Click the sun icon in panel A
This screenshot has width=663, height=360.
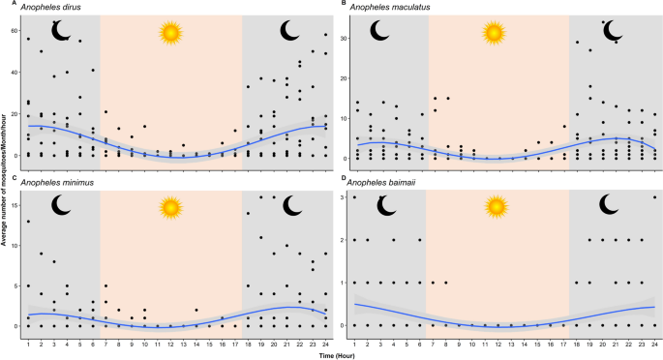(171, 34)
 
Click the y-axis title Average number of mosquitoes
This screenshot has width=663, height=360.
(5, 180)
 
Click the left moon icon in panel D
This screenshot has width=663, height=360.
(388, 204)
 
